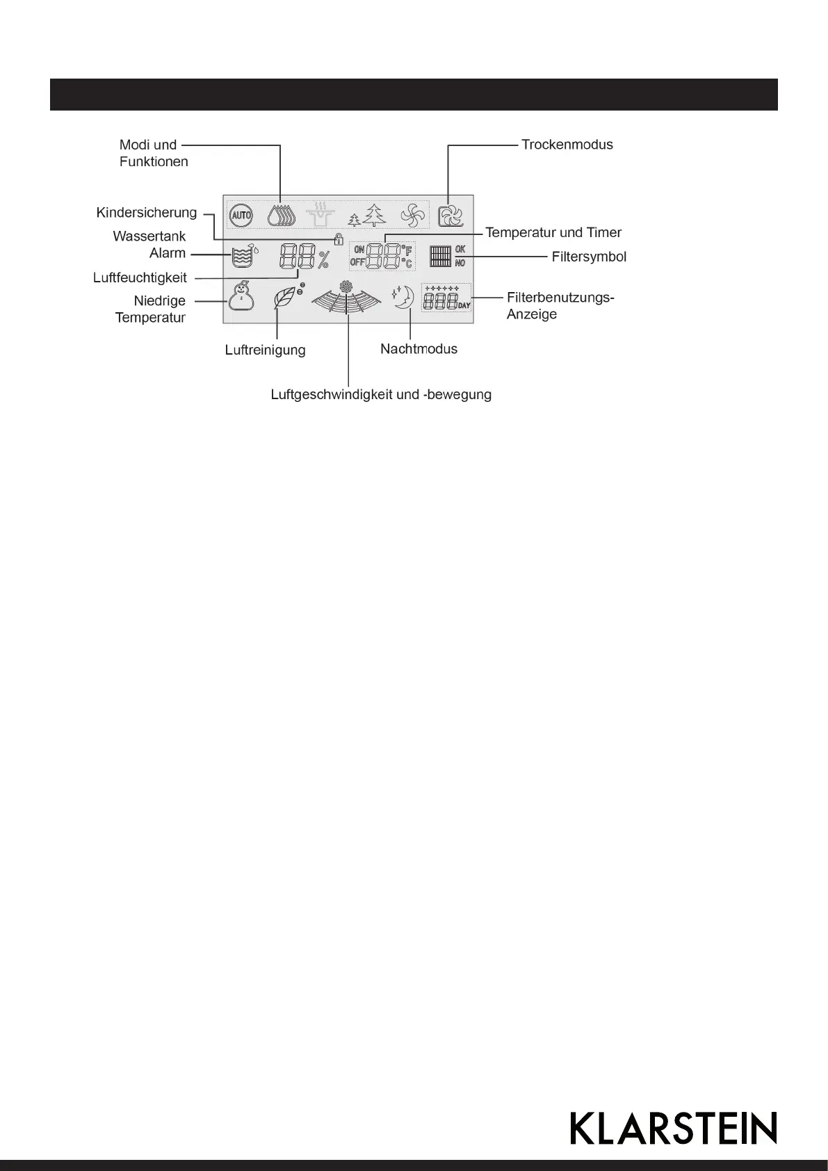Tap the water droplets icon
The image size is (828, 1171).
coord(282,216)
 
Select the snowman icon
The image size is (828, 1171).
coord(241,297)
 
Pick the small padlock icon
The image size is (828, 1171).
coord(339,239)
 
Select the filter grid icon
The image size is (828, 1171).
coord(440,257)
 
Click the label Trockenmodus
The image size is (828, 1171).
coord(567,145)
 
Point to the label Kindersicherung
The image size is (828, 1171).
coord(147,212)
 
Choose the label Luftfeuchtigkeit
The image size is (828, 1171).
coord(140,277)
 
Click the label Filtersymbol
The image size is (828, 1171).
coord(589,257)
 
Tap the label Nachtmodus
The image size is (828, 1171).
coord(419,349)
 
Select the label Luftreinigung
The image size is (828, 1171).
coord(265,350)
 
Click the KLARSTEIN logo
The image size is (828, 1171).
coord(673,1128)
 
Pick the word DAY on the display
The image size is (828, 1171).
coord(464,305)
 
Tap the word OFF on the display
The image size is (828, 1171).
coord(357,262)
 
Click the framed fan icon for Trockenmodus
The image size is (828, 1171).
coord(450,216)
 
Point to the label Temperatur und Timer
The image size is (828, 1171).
coord(553,232)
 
